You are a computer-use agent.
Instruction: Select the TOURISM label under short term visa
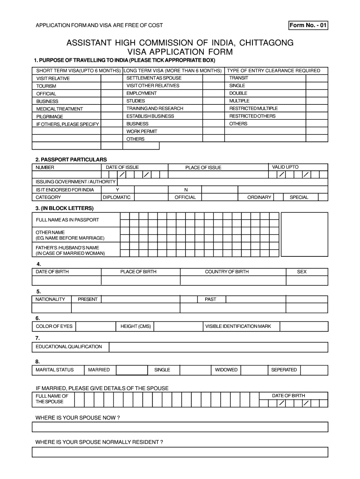[x=46, y=86]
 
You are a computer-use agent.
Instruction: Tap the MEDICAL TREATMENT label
[x=59, y=109]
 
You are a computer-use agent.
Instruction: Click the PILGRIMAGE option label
[x=50, y=116]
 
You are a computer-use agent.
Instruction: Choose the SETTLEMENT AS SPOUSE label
[x=154, y=78]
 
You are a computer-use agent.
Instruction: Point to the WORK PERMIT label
[x=142, y=131]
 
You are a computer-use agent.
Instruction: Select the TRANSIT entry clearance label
[x=238, y=78]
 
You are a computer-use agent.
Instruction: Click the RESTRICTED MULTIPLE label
[x=253, y=109]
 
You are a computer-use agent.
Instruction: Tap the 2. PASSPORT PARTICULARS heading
[x=71, y=160]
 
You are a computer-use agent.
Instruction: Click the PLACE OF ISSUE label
[x=203, y=167]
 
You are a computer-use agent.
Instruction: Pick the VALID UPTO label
[x=285, y=167]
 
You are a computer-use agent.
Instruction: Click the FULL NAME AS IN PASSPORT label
[x=67, y=220]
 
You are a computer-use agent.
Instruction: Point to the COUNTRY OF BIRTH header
[x=227, y=272]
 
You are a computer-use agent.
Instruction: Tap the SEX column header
[x=302, y=272]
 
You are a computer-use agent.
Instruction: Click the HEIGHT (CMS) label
[x=136, y=326]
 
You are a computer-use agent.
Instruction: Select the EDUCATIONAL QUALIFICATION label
[x=69, y=347]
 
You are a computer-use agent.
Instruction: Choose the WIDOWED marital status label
[x=226, y=370]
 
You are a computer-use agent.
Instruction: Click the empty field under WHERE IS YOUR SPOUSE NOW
[x=180, y=427]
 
